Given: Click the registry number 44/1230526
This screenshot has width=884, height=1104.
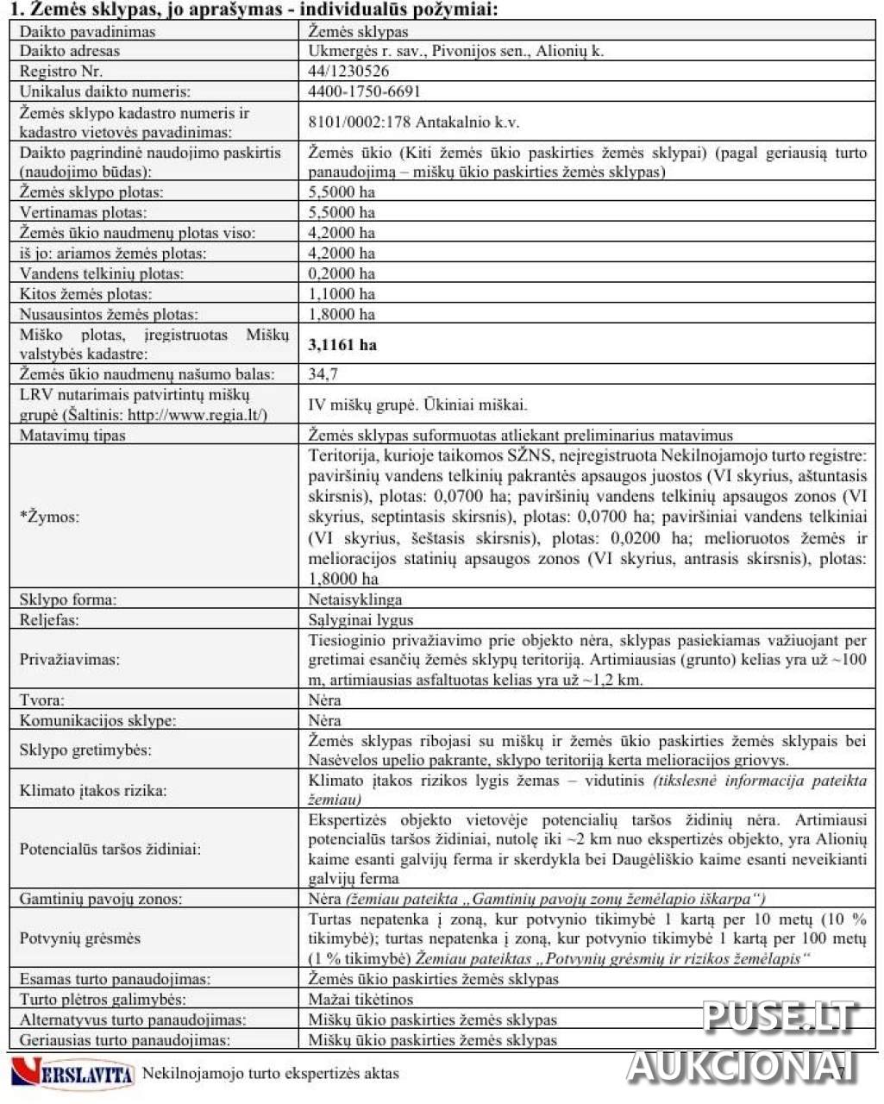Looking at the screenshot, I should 348,71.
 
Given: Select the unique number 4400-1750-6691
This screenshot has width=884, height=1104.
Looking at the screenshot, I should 364,91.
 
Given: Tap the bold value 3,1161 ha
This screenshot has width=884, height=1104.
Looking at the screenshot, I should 342,345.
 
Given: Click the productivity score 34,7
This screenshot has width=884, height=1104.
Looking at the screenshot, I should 323,374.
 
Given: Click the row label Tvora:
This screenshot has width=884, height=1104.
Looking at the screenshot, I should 41,700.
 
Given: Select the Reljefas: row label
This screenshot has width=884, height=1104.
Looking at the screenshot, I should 49,620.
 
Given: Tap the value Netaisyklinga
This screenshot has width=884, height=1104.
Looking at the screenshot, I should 354,599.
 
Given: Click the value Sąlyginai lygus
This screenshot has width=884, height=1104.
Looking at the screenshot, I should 360,620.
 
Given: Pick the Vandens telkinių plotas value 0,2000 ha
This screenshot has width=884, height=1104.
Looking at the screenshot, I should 342,273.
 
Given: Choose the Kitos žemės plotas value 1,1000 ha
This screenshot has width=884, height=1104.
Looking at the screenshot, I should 342,294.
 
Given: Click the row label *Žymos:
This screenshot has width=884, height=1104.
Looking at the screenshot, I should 49,517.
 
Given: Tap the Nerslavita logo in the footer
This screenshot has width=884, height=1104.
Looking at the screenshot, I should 73,1074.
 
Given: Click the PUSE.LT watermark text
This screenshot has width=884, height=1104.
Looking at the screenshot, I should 780,1016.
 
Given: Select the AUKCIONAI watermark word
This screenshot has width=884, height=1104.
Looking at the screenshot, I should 742,1066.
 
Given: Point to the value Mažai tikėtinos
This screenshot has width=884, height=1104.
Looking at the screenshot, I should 360,1000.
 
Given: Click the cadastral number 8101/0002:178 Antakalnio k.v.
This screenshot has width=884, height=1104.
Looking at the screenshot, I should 414,122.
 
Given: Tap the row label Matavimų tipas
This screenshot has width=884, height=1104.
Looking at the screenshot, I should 72,436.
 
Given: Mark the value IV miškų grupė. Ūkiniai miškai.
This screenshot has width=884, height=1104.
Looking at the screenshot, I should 417,405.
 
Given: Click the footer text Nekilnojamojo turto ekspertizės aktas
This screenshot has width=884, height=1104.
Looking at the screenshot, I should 270,1074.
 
